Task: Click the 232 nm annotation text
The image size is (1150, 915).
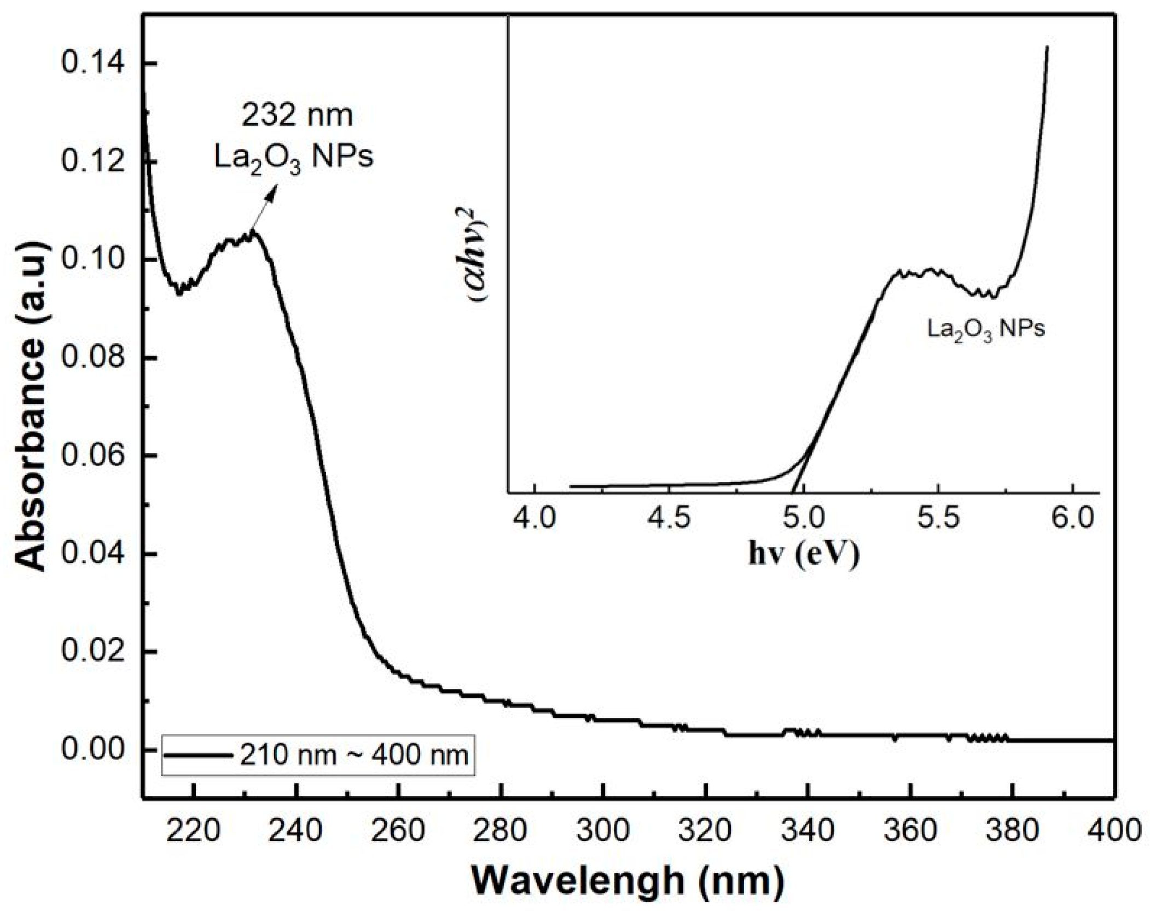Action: (x=298, y=116)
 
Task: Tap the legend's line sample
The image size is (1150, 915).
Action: (x=200, y=756)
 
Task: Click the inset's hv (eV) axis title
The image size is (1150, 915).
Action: (x=804, y=554)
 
